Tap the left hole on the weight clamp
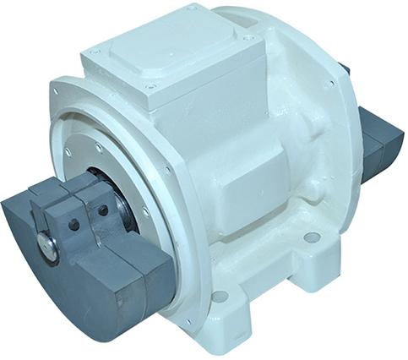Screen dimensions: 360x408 74,226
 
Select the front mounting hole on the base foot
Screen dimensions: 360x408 220,296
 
